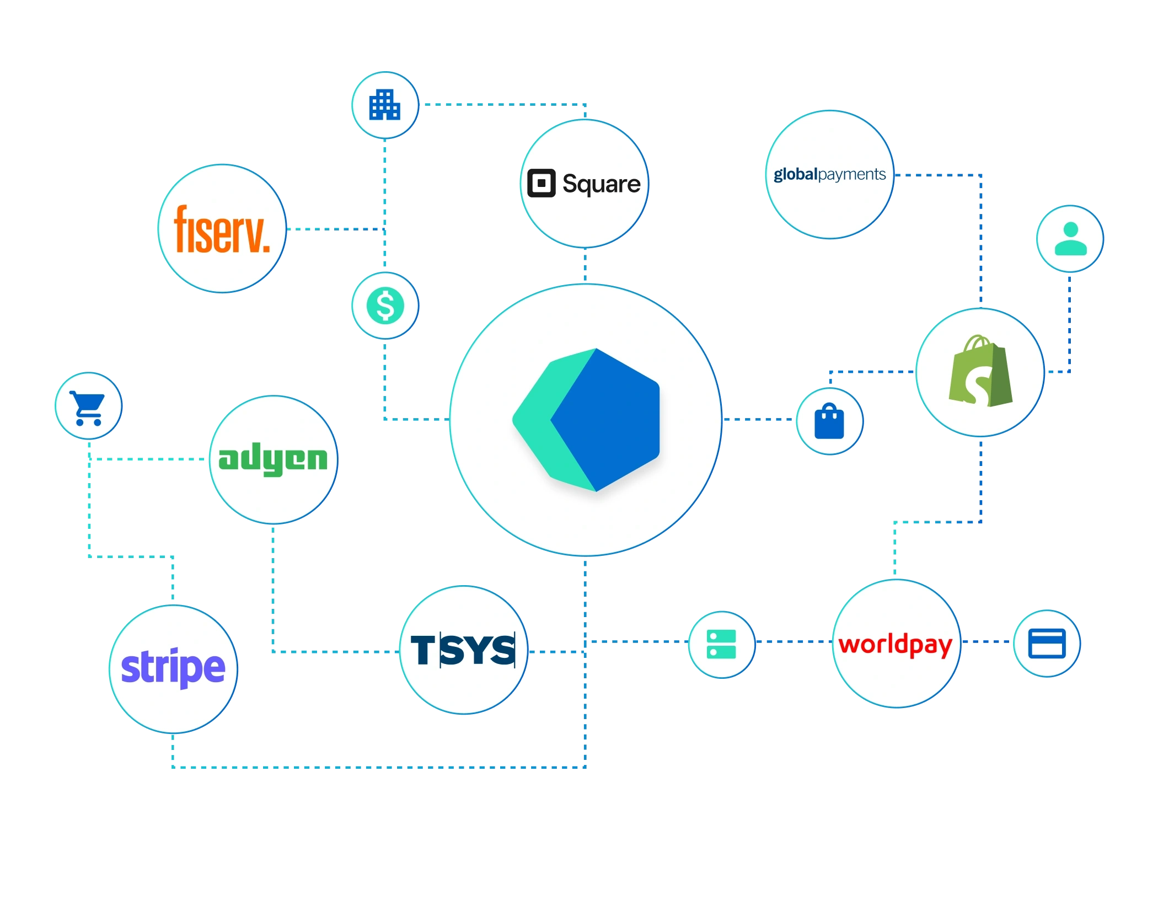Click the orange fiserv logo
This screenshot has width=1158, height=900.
pos(222,229)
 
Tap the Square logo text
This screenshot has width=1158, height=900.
pos(601,184)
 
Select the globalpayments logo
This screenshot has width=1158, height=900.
pos(829,175)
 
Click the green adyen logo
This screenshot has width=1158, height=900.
pos(273,459)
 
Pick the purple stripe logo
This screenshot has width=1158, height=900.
pos(173,667)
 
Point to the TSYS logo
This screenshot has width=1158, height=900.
pos(463,650)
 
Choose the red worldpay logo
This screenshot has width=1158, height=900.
pos(896,645)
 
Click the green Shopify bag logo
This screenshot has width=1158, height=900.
pos(980,372)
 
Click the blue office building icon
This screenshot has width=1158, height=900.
pos(384,105)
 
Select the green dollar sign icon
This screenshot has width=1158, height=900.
pos(385,306)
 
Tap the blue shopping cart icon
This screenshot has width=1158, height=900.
pos(88,407)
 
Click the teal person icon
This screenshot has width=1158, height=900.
pos(1070,239)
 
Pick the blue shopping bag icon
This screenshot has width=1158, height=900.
pos(829,421)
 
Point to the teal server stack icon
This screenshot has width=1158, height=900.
pos(721,644)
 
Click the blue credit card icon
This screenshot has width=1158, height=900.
pos(1047,644)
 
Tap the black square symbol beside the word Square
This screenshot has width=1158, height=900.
pos(541,183)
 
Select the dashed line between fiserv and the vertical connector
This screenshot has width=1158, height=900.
pos(334,229)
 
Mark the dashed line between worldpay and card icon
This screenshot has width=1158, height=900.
pos(987,642)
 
